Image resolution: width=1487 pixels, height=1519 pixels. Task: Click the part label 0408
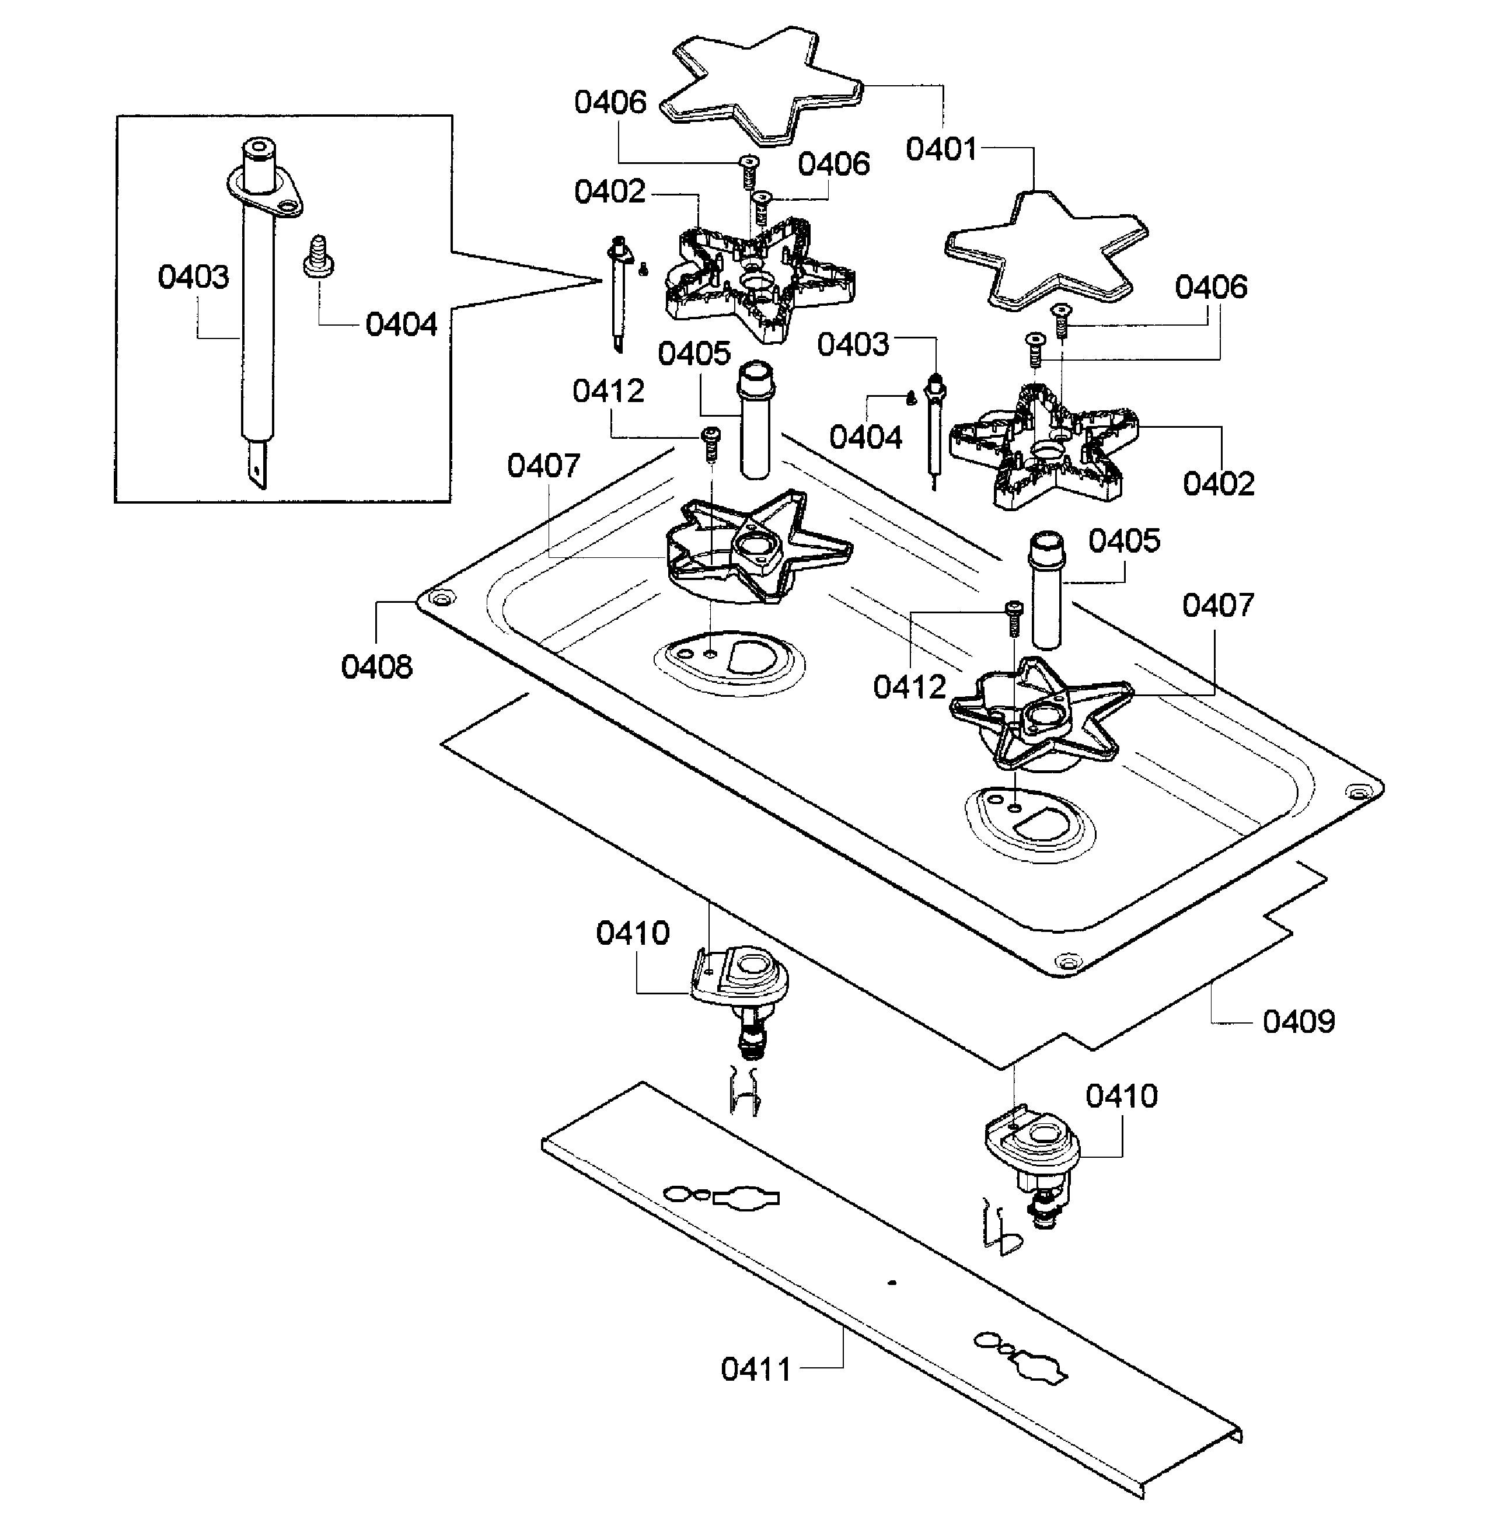(x=376, y=667)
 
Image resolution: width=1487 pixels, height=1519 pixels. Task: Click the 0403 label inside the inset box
(x=194, y=277)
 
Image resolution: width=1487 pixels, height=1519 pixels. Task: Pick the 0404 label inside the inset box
(x=402, y=324)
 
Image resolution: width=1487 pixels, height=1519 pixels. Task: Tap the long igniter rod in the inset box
(x=259, y=312)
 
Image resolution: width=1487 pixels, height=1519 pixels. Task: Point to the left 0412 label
(x=608, y=390)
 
